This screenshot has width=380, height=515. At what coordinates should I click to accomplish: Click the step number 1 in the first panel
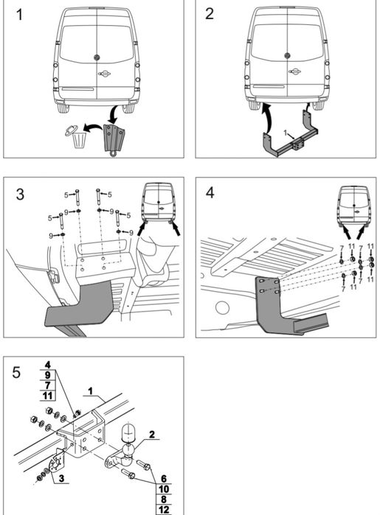point(19,15)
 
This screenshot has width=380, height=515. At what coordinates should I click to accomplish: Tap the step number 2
point(210,14)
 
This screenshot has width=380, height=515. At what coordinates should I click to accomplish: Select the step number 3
point(20,195)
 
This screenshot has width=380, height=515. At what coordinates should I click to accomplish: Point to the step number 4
point(210,192)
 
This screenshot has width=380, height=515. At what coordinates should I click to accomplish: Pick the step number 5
point(16,373)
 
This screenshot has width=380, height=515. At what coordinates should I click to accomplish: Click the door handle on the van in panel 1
point(104,73)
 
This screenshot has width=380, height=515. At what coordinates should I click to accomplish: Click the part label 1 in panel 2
point(286,133)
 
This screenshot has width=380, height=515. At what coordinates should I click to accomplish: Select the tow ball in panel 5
point(127,449)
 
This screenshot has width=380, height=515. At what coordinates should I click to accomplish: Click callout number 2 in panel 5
point(152,435)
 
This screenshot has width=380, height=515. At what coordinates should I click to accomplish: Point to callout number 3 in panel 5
point(61,478)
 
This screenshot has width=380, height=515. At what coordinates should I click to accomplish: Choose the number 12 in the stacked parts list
point(164,510)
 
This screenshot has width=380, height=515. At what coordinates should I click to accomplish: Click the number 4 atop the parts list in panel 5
point(48,365)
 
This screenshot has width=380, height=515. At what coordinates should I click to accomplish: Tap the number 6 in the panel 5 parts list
point(164,479)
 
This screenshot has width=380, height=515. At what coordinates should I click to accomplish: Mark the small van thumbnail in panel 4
point(354,206)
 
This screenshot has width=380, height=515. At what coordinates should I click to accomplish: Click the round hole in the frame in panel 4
point(222,307)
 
